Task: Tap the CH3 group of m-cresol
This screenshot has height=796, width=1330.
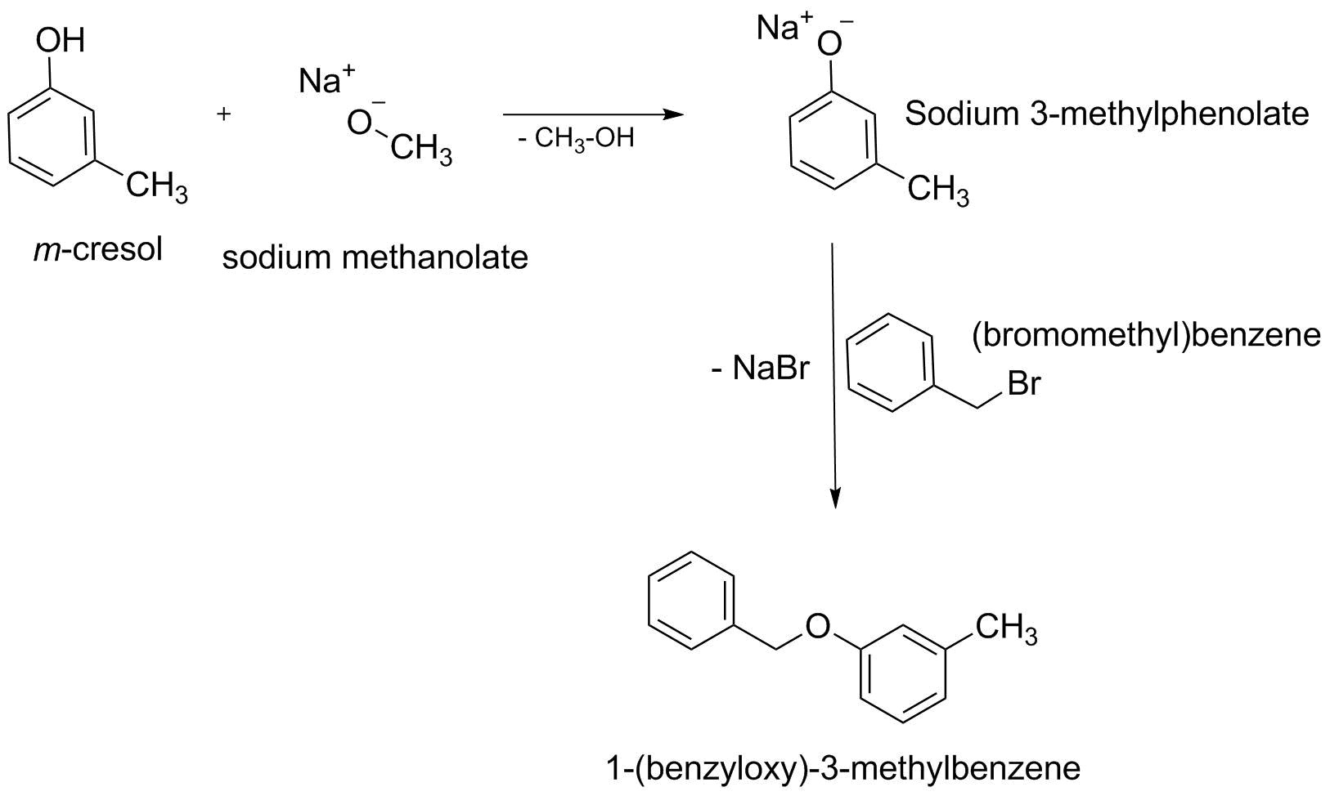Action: [156, 187]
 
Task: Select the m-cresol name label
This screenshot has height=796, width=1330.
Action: [97, 249]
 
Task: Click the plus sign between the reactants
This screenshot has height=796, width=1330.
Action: [224, 114]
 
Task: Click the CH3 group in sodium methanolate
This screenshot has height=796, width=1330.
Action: [421, 150]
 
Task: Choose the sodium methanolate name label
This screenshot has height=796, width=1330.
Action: [375, 258]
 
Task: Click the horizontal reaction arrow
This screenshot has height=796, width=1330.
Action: [592, 114]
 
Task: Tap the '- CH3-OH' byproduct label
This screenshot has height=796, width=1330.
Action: [576, 138]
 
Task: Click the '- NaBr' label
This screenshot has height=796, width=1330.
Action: [759, 369]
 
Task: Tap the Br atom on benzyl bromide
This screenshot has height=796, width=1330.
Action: [1023, 383]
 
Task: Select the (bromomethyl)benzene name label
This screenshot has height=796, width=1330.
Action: [1146, 335]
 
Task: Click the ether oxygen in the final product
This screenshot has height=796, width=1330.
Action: [816, 627]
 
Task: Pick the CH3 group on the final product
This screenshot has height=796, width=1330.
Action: [1005, 629]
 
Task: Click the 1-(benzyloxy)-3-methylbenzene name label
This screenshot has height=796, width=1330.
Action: [843, 768]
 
